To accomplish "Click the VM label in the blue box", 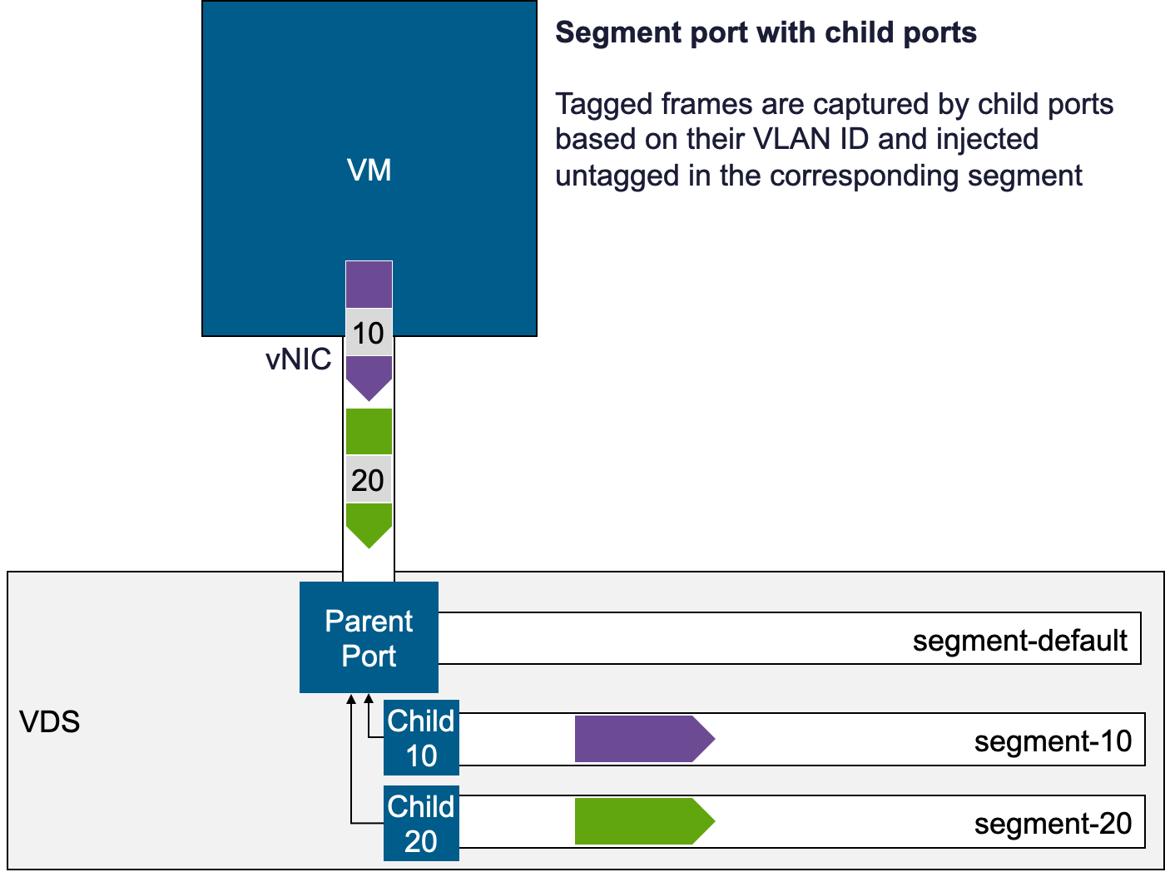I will [369, 170].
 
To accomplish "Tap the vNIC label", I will [298, 359].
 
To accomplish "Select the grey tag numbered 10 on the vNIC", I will [369, 333].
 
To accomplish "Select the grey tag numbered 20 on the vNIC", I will [369, 480].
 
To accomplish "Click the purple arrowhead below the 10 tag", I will [369, 377].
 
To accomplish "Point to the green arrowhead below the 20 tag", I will [369, 524].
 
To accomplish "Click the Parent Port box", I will [369, 637].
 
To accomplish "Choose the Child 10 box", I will [421, 738].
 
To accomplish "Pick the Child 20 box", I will [421, 823].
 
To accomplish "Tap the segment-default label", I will [1019, 640].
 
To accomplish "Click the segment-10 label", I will [1053, 741].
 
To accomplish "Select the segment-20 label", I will [1053, 823].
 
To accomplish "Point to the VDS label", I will [50, 721].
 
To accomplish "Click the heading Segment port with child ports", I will [766, 32].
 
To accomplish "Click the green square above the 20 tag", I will [369, 431].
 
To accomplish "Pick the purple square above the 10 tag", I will [369, 285].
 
